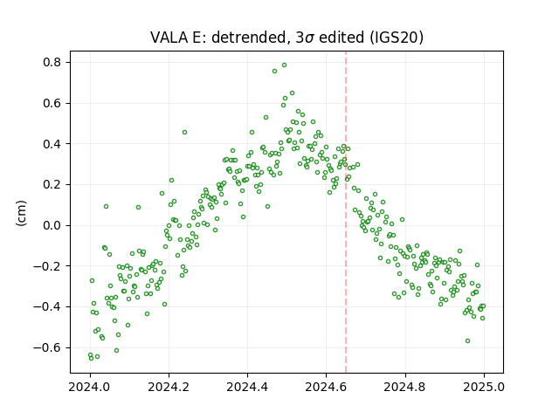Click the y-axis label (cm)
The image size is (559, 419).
tap(21, 213)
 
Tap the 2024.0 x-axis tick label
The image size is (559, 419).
tap(90, 387)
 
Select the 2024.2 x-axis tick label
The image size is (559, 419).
tap(169, 387)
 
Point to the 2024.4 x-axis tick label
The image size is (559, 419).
tap(247, 387)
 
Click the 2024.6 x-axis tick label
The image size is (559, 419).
tap(326, 387)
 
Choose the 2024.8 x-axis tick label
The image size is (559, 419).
tap(405, 387)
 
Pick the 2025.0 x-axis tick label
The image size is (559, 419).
tap(484, 387)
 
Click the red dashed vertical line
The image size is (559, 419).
tap(346, 212)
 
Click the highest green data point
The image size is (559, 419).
tap(284, 65)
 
